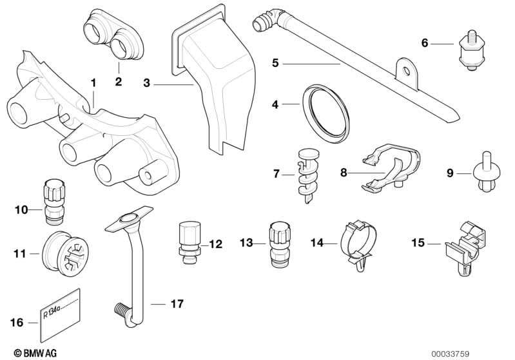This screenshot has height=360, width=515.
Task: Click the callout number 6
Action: click(425, 43)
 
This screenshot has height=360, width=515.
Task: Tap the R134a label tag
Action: click(60, 316)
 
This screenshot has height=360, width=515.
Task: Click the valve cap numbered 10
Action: click(53, 200)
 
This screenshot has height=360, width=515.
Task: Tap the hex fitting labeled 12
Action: click(188, 243)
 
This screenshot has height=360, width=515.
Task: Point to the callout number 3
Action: click(147, 83)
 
